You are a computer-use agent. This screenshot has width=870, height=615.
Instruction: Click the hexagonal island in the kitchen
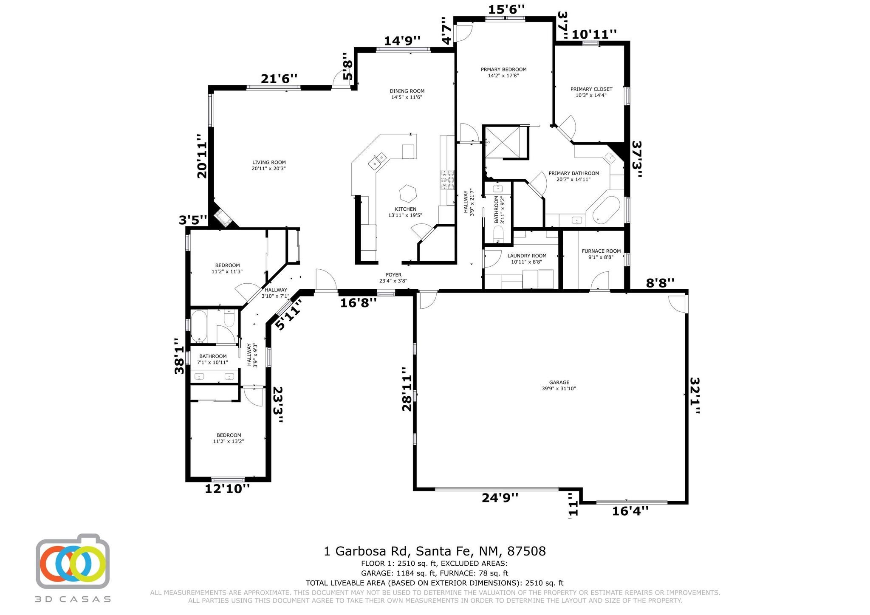tap(408, 194)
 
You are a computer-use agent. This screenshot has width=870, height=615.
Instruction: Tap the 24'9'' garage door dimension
tap(500, 497)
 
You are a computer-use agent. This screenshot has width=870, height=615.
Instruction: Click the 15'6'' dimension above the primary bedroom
tap(506, 9)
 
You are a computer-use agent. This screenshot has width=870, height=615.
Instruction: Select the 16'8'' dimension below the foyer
tap(358, 303)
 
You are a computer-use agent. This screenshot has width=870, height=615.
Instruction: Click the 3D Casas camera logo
tap(73, 561)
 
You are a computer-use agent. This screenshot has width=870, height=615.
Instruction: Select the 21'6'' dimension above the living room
tap(279, 79)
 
